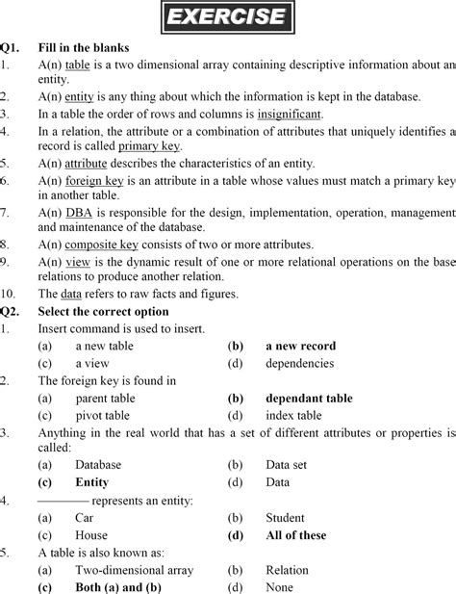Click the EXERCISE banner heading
(x=227, y=17)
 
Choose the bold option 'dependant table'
(x=309, y=398)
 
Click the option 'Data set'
(x=289, y=465)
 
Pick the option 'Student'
(x=287, y=517)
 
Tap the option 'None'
(x=280, y=586)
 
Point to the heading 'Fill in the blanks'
(x=83, y=47)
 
